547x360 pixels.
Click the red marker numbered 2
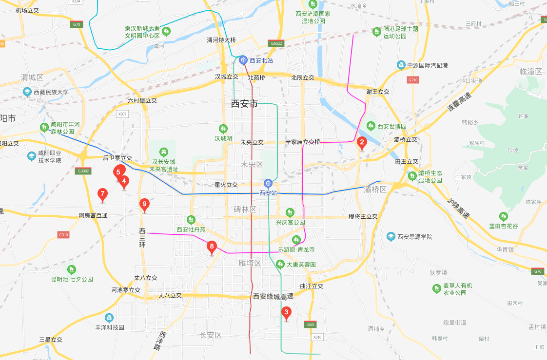[362, 142]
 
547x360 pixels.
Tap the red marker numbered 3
[287, 312]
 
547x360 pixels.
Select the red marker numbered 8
[212, 246]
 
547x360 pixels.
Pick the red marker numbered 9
[144, 204]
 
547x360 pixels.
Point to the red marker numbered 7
[102, 194]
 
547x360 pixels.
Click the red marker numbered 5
[118, 171]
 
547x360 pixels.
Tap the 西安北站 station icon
[243, 60]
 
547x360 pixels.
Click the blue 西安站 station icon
[268, 183]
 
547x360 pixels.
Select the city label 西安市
[245, 104]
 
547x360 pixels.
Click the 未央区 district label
[252, 164]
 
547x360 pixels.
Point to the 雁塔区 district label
[250, 263]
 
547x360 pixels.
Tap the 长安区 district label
[211, 335]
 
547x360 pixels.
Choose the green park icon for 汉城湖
[223, 129]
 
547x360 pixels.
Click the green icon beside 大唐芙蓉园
[280, 265]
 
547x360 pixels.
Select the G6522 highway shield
[276, 43]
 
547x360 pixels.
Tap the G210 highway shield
[413, 79]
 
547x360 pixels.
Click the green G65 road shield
[310, 324]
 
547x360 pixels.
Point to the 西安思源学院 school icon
[391, 237]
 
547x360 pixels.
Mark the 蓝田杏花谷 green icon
[504, 216]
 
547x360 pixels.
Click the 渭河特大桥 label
[221, 40]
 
